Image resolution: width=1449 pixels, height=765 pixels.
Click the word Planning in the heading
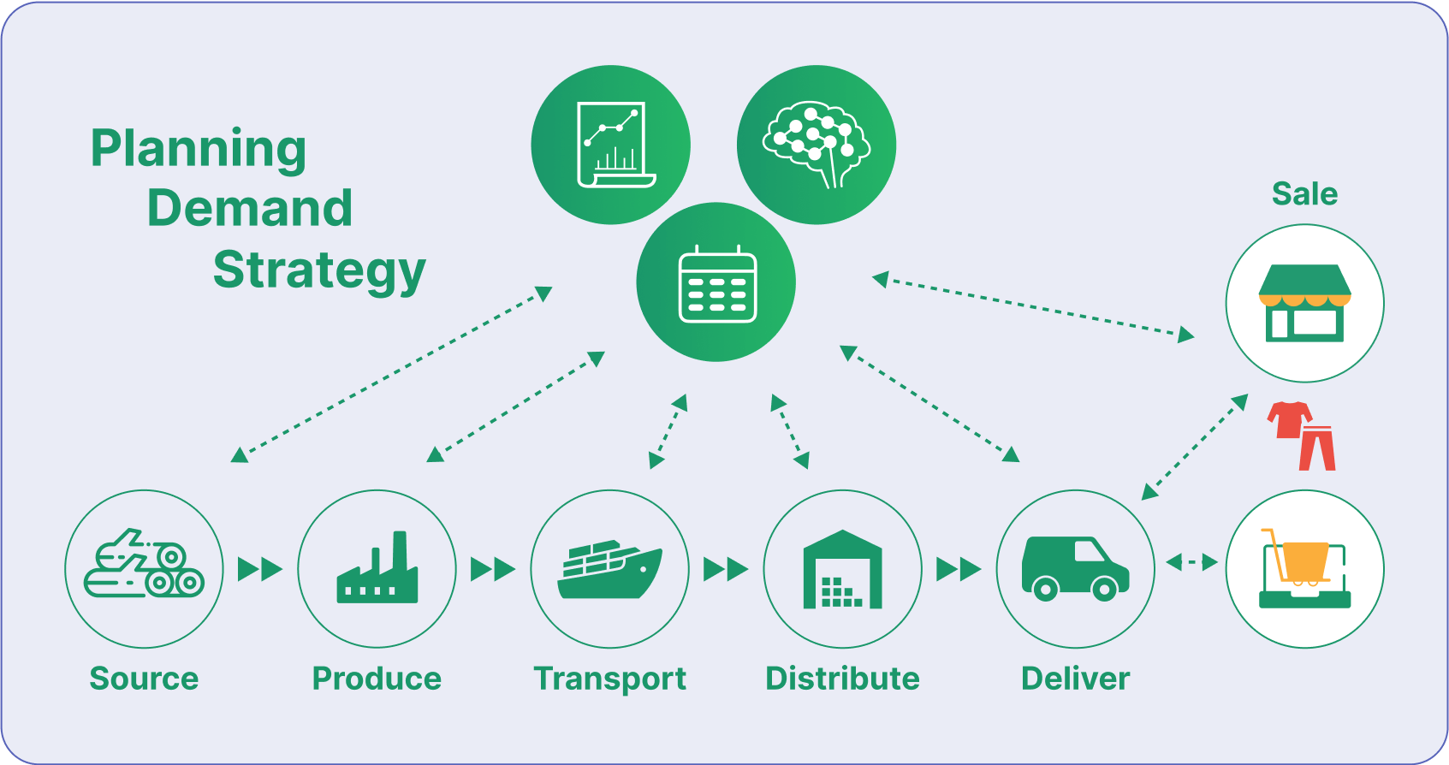(198, 148)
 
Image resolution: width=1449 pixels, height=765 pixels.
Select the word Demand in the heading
(249, 208)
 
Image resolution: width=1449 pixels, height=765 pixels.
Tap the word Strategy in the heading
(319, 270)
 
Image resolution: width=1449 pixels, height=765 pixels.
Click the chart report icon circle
(610, 145)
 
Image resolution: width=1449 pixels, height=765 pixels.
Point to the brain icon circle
(816, 145)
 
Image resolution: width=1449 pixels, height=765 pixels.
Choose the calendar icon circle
(716, 282)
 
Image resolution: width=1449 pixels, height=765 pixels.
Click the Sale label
(1304, 194)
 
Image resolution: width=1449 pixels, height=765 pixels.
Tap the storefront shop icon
(1304, 303)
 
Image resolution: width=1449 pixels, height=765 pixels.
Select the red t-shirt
(1289, 419)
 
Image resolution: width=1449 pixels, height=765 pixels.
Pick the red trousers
(1317, 448)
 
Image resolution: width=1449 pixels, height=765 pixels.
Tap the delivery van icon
(1075, 568)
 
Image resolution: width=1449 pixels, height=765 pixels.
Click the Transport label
(609, 679)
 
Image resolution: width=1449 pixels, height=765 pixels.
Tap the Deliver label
(1075, 679)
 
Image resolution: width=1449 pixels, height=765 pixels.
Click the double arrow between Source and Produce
(260, 569)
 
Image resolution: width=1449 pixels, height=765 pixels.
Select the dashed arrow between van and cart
(1191, 562)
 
